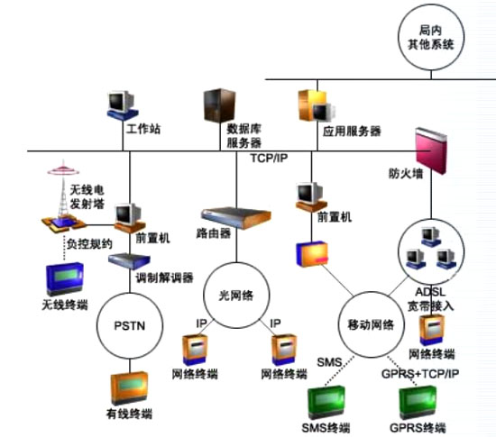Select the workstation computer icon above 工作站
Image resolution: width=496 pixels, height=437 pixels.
pyautogui.click(x=122, y=105)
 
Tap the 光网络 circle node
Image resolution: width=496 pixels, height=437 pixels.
pyautogui.click(x=236, y=294)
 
